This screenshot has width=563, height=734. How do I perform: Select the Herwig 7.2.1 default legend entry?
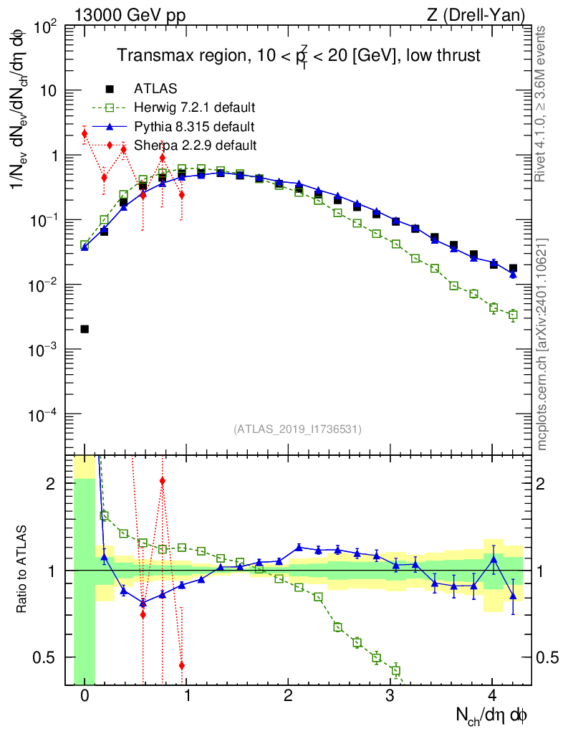coord(194,108)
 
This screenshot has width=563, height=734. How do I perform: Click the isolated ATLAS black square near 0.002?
coord(85,329)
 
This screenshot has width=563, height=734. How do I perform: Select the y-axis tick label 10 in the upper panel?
coord(48,91)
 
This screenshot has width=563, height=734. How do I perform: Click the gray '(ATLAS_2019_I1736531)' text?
coord(297,429)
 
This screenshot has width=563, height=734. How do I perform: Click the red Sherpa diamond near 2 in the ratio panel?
coord(163,481)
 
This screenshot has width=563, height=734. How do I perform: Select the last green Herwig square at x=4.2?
coord(513,315)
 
